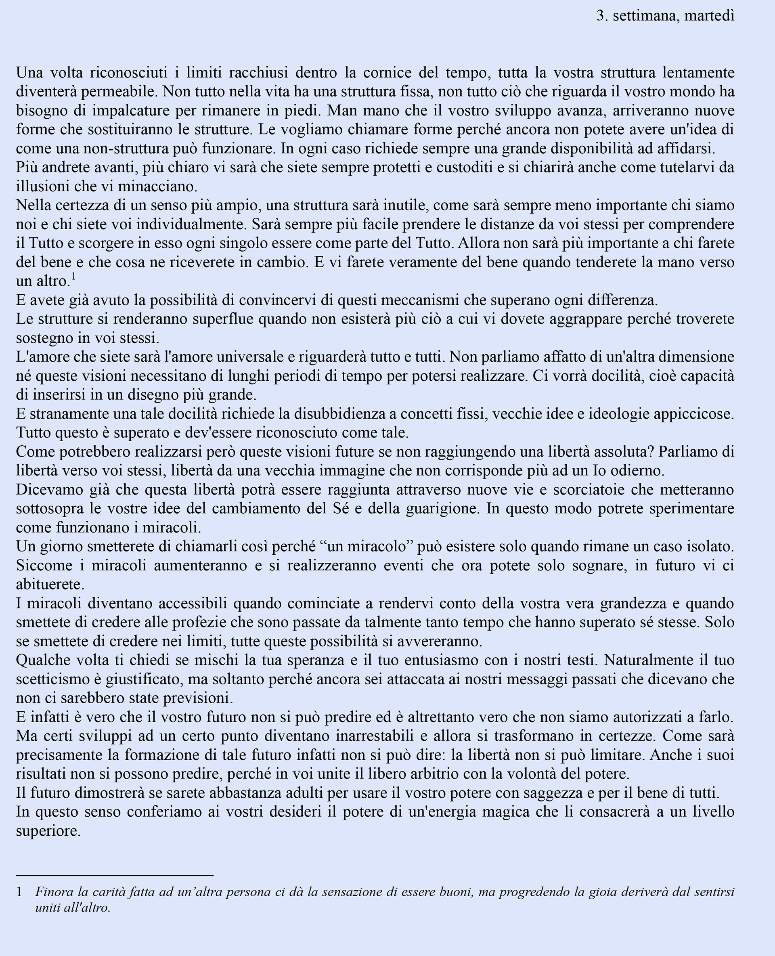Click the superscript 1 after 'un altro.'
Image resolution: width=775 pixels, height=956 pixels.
click(73, 277)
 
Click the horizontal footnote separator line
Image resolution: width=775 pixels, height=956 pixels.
click(115, 876)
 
